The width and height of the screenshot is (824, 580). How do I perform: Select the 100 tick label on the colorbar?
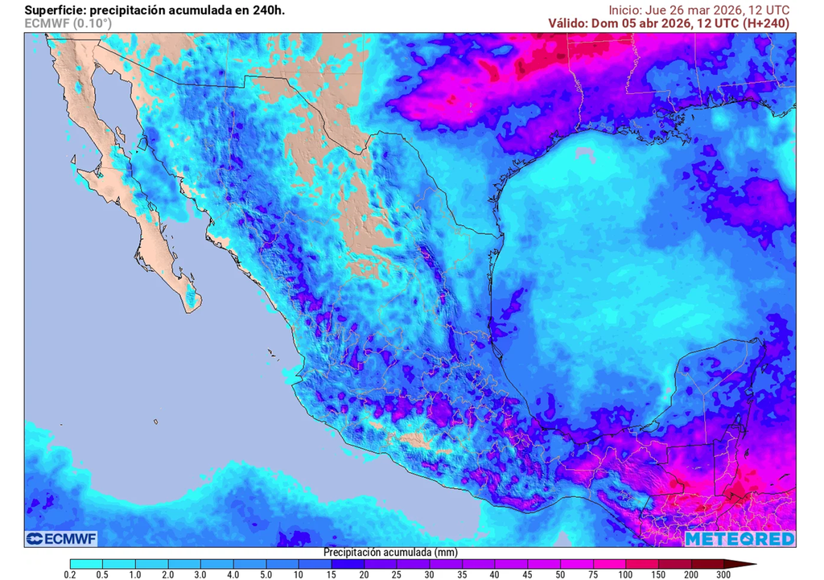(625, 574)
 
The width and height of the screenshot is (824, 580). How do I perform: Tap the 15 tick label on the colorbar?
(332, 574)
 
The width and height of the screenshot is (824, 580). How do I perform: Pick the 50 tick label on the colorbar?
(560, 574)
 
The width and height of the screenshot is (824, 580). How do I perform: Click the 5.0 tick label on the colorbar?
(266, 574)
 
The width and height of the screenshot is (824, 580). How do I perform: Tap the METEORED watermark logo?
(740, 538)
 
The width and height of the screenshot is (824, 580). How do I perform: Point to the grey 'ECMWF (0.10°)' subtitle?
(68, 23)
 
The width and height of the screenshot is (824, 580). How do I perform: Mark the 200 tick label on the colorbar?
(690, 574)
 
